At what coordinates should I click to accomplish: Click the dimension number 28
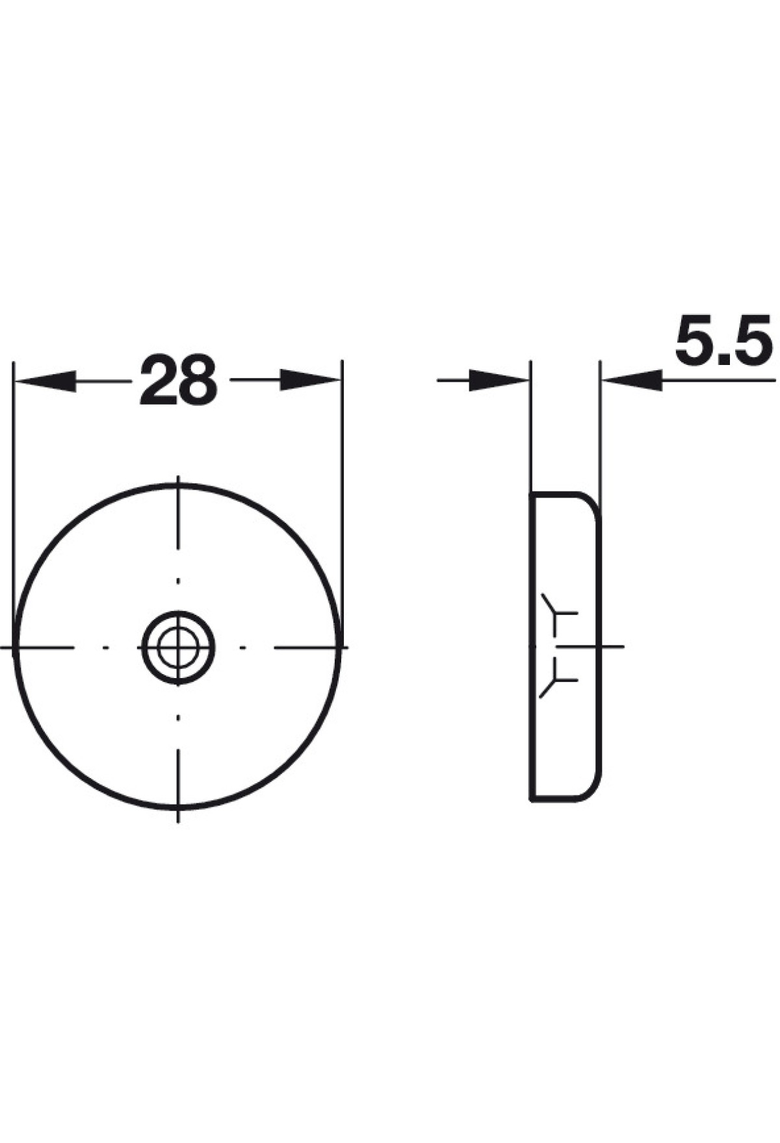click(178, 380)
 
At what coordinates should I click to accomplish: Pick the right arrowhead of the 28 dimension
click(311, 380)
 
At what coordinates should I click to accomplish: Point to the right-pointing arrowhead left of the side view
click(498, 381)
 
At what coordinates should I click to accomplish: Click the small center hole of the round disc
click(178, 647)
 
